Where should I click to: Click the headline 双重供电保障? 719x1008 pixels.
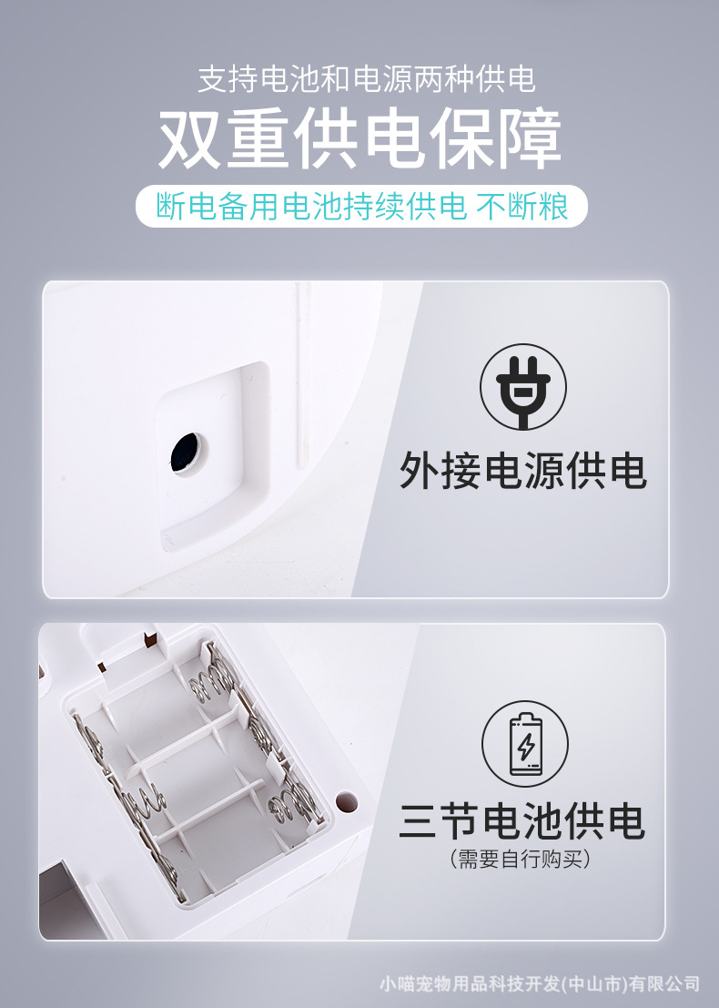click(x=359, y=141)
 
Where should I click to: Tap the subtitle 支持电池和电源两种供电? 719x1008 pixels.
click(x=366, y=80)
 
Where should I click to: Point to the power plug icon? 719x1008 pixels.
click(x=523, y=386)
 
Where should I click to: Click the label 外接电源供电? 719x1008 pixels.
click(x=523, y=471)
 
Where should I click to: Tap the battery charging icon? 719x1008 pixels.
click(x=525, y=743)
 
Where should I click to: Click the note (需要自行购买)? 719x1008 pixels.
click(x=522, y=859)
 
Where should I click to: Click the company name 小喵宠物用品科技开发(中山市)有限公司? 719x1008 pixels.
click(x=541, y=983)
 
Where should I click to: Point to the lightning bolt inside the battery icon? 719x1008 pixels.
click(x=526, y=747)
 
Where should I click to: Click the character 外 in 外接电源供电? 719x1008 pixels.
click(x=420, y=471)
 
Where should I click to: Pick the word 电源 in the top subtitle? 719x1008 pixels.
click(x=382, y=80)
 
